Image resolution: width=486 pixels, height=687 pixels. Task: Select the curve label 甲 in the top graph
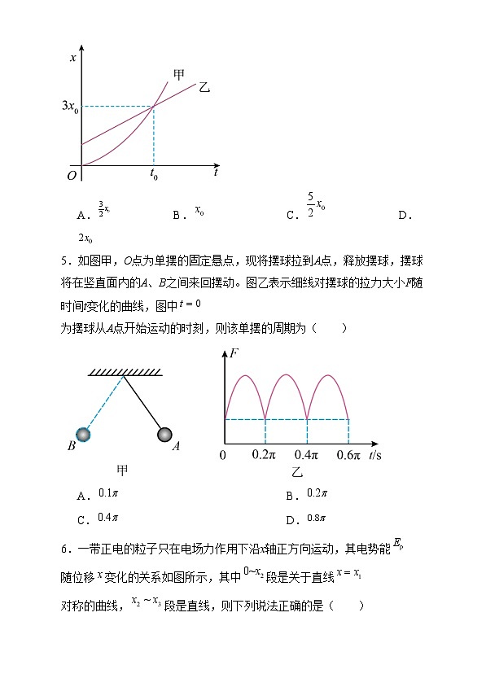coord(179,75)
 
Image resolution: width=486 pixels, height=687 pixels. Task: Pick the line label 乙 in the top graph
coord(204,87)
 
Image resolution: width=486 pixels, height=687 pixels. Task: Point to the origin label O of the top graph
coord(72,175)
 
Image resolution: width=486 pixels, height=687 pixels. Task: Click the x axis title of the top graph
coord(73,58)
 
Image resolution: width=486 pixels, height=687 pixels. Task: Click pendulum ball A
coord(165,435)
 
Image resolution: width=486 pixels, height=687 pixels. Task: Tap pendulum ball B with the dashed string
coord(83,435)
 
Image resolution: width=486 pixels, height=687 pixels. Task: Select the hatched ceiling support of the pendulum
coord(125,372)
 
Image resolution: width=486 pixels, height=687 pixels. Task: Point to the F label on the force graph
coord(234,353)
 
